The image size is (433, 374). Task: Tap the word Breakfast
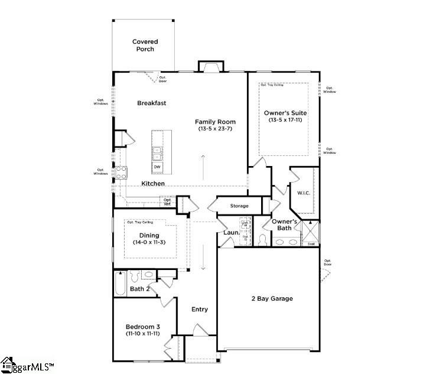point(152,103)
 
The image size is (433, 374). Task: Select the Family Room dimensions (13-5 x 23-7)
point(211,129)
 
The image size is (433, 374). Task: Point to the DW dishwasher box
point(157,167)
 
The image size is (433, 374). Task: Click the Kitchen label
point(153,184)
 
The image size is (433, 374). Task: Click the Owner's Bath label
point(284,225)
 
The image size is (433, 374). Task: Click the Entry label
point(200,309)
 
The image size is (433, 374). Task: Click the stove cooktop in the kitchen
point(121,173)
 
